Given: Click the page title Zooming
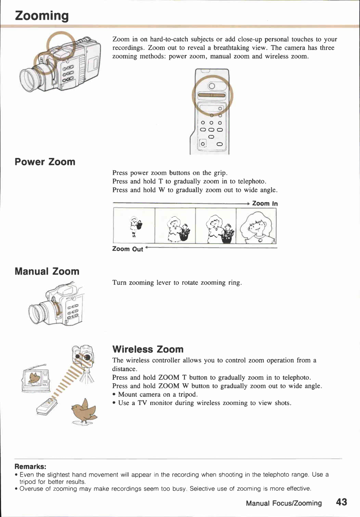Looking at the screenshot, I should coord(42,16).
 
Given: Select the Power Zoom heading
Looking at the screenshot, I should coord(45,162).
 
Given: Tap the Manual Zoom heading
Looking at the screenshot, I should coord(47,271).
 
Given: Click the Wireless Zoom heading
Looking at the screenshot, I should coord(148,349).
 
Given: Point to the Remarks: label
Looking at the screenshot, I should coord(30,466).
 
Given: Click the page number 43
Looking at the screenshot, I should coord(341,502).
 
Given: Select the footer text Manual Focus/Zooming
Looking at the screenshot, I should coord(284,503).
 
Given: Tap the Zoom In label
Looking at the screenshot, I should coord(265,203).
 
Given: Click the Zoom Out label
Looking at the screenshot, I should coord(128,249).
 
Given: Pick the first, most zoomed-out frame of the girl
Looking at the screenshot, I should coord(134,226).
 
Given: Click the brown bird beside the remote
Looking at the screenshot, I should coord(84,411).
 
